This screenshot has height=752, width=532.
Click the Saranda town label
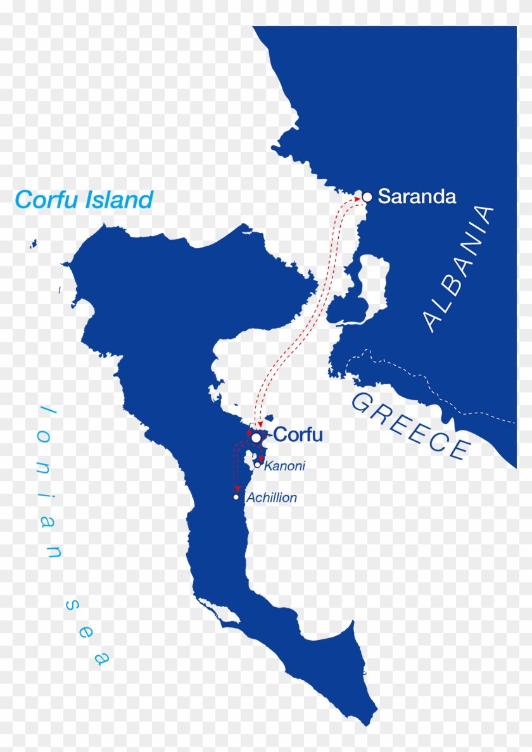click(x=417, y=197)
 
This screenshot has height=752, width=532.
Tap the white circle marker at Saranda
click(x=367, y=197)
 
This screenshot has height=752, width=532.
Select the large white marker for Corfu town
click(x=256, y=437)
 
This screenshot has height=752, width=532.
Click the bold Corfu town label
click(x=298, y=436)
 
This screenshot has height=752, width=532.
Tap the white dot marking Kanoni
click(x=258, y=464)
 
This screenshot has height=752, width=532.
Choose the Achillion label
click(x=271, y=498)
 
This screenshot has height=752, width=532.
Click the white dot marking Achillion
click(x=236, y=497)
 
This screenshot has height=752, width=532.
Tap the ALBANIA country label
click(x=459, y=269)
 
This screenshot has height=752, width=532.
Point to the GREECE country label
click(x=412, y=427)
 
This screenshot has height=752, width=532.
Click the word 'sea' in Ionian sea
click(x=86, y=634)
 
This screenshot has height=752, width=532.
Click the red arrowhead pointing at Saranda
click(x=356, y=198)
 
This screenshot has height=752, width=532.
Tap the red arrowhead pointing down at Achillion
click(x=237, y=488)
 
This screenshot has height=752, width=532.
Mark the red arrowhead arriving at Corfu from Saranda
click(x=260, y=424)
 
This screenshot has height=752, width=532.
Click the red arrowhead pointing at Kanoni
click(x=261, y=457)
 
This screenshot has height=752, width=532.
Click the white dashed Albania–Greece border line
click(x=431, y=386)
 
